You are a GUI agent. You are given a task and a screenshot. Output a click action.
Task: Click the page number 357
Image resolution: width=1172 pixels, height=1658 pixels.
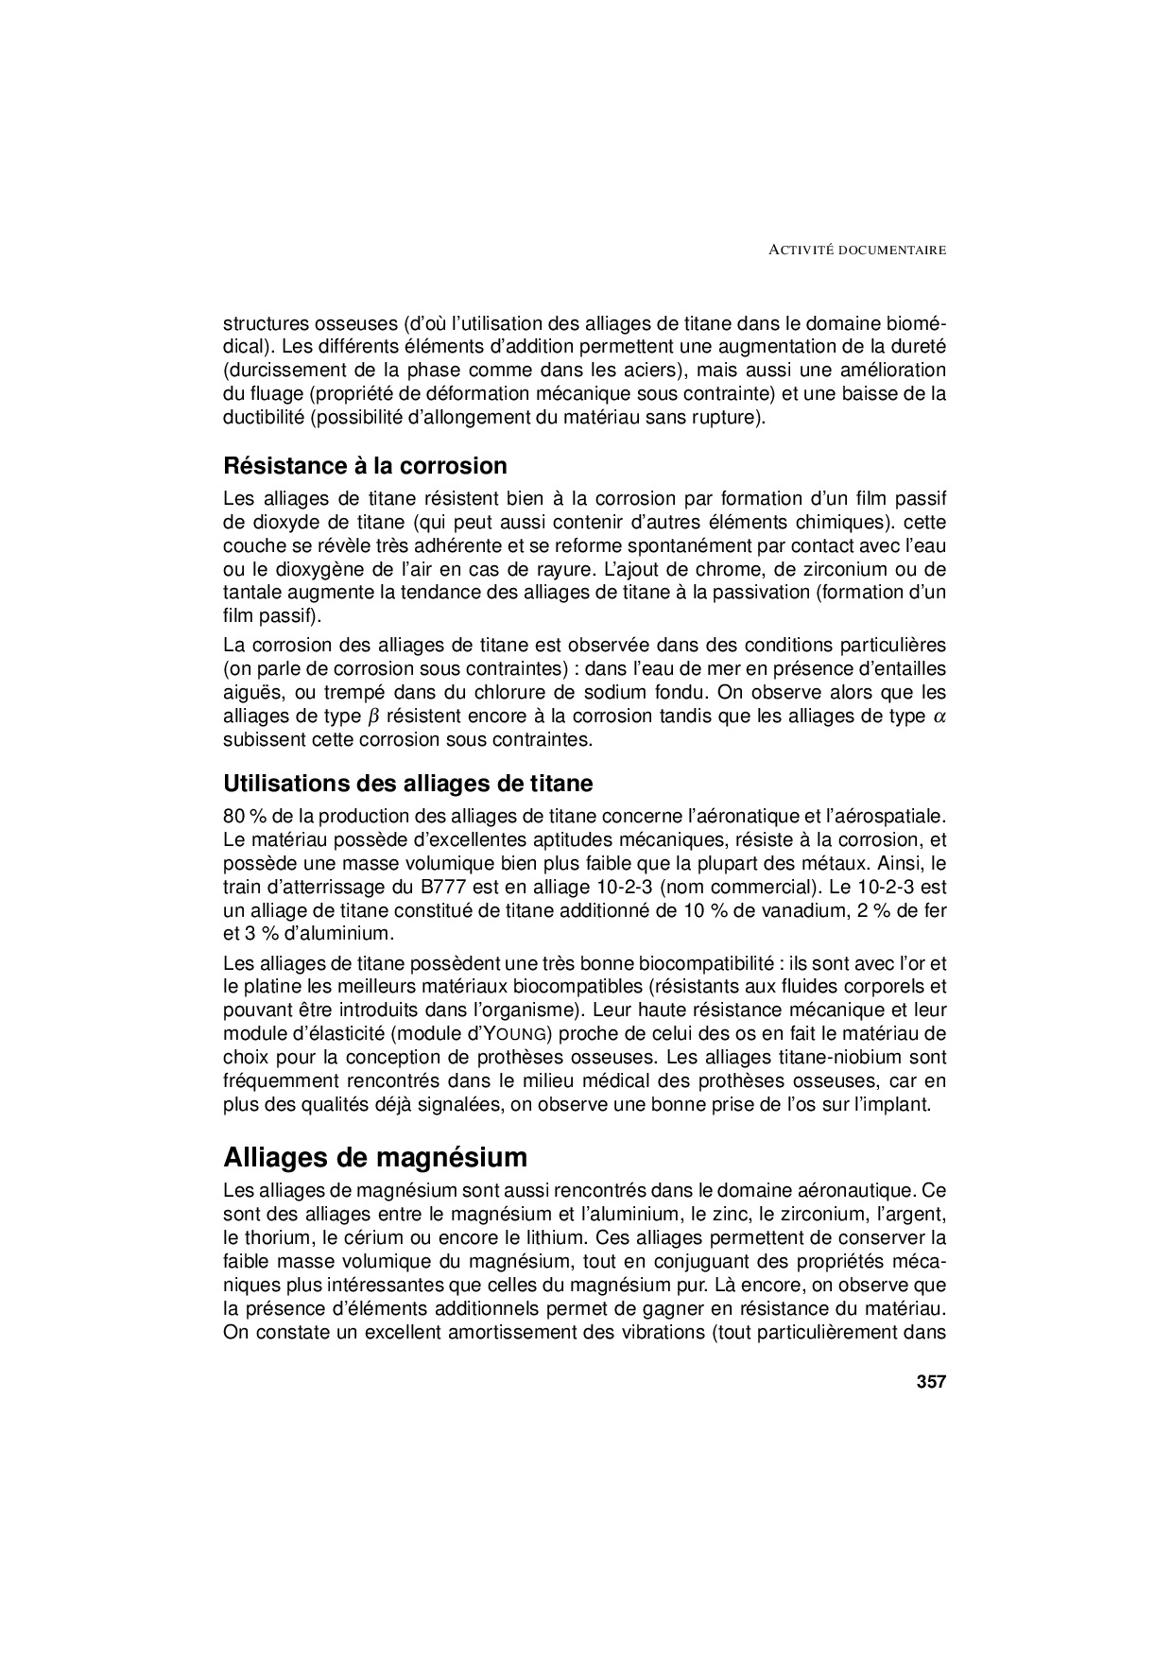[930, 1381]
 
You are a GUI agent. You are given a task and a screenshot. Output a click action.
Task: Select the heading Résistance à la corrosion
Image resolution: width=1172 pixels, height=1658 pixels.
[365, 466]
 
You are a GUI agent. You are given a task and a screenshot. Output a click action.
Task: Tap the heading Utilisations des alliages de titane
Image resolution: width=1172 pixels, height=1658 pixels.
[408, 784]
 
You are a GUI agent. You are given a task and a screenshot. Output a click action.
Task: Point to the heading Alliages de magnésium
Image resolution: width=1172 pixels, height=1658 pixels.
[375, 1157]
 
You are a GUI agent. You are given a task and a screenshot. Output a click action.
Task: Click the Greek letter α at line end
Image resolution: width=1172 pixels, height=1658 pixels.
[939, 717]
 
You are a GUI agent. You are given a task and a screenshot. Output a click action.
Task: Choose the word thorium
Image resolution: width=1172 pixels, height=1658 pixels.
[279, 1237]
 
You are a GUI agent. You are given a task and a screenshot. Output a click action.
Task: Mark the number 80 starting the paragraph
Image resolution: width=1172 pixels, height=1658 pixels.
[233, 816]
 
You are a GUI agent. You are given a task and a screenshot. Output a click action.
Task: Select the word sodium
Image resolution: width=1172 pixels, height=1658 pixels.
[601, 693]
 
